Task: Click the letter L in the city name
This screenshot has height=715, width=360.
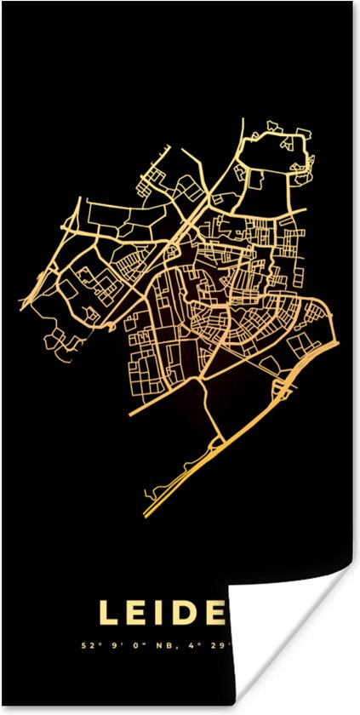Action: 109,613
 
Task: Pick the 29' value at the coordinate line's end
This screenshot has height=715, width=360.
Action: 224,644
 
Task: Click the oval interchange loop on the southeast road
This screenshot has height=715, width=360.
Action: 282,389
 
